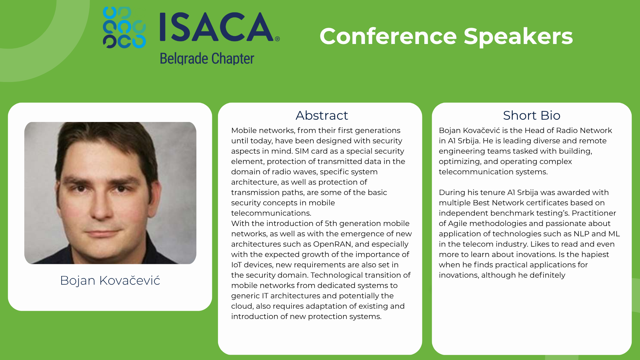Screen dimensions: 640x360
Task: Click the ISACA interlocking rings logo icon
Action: point(124,27)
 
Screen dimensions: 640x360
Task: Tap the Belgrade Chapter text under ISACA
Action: point(207,59)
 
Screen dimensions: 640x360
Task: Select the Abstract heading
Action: point(322,115)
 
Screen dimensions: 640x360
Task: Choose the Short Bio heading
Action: point(532,115)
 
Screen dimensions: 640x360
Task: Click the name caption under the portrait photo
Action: point(110,280)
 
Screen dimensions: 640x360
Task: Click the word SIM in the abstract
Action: point(302,151)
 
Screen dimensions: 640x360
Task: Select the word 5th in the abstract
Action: point(331,223)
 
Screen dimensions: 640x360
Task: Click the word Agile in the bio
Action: point(458,224)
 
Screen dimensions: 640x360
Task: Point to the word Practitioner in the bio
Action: point(594,213)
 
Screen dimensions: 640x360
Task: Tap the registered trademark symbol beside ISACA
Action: point(277,39)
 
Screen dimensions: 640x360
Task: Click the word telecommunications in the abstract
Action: point(271,213)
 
